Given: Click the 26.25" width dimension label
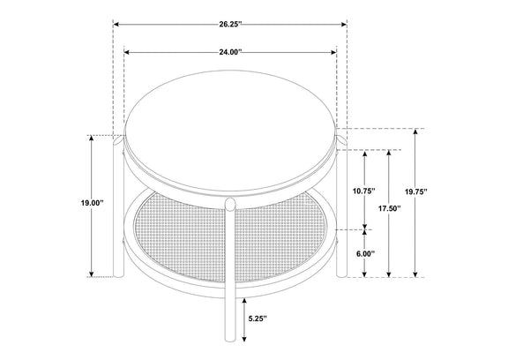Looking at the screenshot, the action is pos(231,25).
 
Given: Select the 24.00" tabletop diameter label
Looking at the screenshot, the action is pos(231,52).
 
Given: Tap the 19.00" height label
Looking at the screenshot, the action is pos(92,203).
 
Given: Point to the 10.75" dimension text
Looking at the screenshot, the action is pos(364,191).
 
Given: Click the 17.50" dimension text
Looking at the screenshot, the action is pos(390,208).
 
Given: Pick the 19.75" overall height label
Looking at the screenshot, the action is pos(416,191).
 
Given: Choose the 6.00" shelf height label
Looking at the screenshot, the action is pos(365,254).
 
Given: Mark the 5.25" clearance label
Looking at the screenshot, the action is pos(258,319).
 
